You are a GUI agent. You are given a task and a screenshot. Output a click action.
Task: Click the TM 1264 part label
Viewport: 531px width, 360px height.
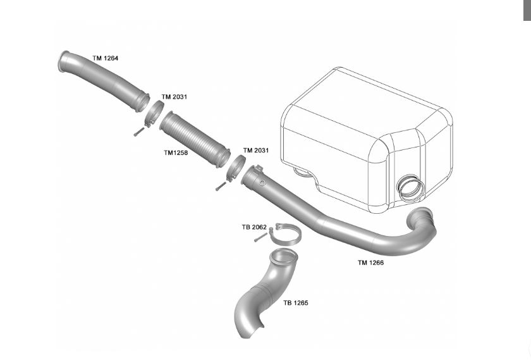pos(105,58)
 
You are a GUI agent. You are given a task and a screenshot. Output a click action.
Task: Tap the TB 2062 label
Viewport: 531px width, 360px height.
pos(254,227)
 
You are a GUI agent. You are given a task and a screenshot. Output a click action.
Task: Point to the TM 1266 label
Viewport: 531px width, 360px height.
pos(370,263)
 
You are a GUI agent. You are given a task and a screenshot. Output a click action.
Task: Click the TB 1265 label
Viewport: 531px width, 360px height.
pos(295,303)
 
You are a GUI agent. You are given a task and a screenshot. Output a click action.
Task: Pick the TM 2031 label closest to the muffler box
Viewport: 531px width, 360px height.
pos(256,150)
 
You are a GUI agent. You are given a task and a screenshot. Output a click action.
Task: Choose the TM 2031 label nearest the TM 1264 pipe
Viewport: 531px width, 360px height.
pos(174,97)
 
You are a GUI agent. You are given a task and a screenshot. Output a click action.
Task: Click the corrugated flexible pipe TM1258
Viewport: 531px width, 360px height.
pos(193,137)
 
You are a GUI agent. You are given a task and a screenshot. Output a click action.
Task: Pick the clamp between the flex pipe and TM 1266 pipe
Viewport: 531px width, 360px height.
pos(235,167)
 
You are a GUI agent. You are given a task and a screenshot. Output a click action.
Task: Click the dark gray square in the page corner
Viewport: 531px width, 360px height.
pos(527,10)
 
